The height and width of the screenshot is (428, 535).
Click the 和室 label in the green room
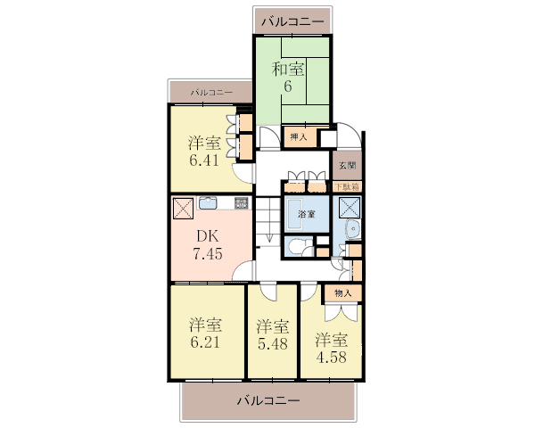287,70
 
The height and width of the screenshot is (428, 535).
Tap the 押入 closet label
299,136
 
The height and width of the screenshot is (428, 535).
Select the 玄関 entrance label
348,166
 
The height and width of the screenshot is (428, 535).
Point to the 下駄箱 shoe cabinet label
347,187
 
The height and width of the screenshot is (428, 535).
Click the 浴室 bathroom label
307,214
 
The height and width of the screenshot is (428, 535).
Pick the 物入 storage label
343,293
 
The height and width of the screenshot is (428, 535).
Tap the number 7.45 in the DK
208,253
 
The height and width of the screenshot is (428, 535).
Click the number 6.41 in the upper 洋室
204,160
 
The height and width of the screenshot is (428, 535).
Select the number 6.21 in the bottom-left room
205,342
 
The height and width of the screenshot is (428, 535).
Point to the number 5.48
272,343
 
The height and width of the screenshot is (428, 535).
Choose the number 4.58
332,357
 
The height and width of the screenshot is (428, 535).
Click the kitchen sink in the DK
208,202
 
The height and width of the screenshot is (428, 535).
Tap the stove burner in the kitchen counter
241,203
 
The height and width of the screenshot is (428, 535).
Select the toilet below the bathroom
295,246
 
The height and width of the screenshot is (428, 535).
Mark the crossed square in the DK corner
183,208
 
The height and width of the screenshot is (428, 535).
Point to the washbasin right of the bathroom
353,228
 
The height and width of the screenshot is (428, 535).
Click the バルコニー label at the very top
292,21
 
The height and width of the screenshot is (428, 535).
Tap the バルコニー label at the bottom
268,400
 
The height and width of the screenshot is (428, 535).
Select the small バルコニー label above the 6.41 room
211,92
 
